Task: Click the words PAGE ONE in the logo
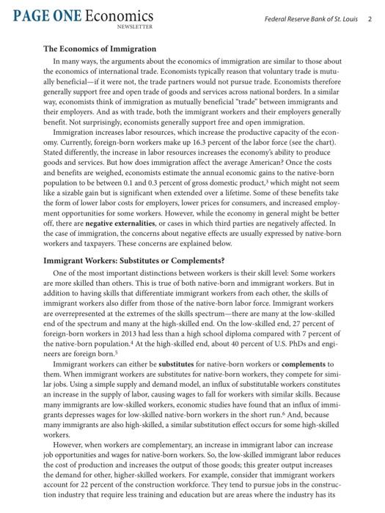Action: [45, 15]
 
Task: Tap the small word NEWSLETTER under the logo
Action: [135, 26]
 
